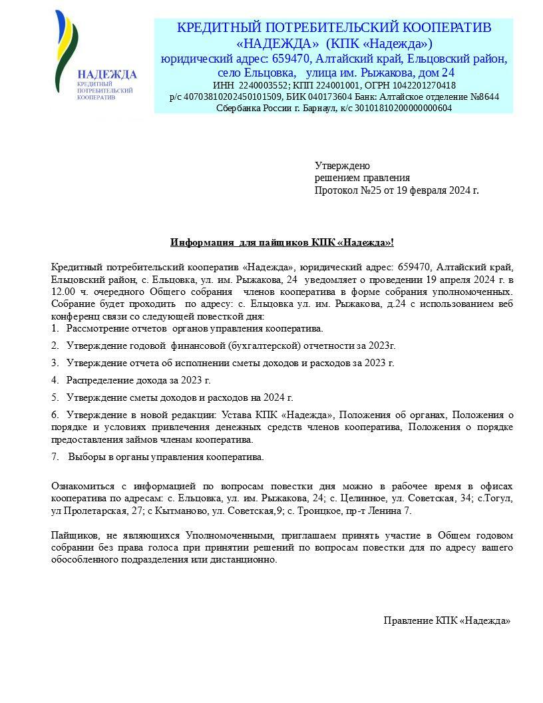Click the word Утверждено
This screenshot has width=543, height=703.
pyautogui.click(x=343, y=166)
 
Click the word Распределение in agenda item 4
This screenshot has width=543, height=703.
pyautogui.click(x=98, y=380)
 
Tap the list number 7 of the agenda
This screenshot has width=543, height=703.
pyautogui.click(x=54, y=457)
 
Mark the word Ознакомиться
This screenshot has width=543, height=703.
pyautogui.click(x=83, y=487)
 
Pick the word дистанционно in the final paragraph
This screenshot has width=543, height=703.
pyautogui.click(x=248, y=559)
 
